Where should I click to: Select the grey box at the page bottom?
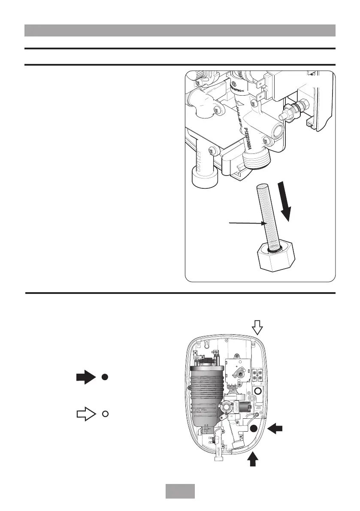(x=180, y=491)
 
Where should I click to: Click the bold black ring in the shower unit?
(x=258, y=391)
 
